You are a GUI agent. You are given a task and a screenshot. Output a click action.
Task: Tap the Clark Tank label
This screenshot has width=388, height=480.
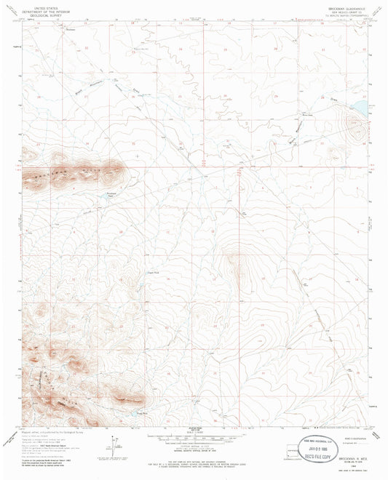coord(132,273)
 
